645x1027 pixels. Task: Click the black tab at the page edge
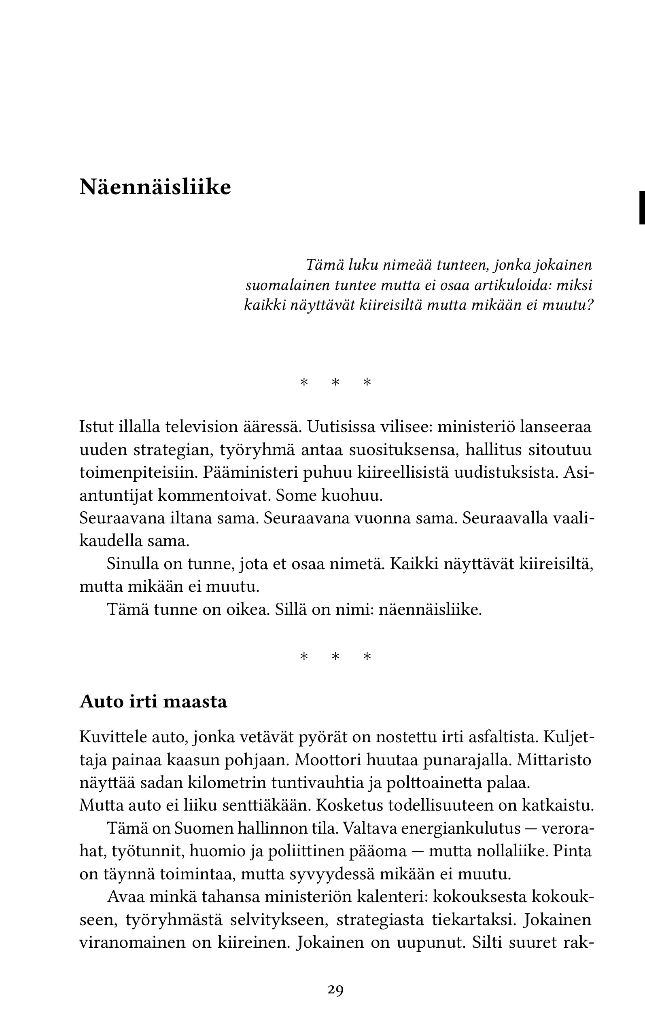click(x=641, y=207)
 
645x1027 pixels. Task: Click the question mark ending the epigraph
click(x=590, y=305)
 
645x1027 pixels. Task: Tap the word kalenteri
click(x=392, y=897)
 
